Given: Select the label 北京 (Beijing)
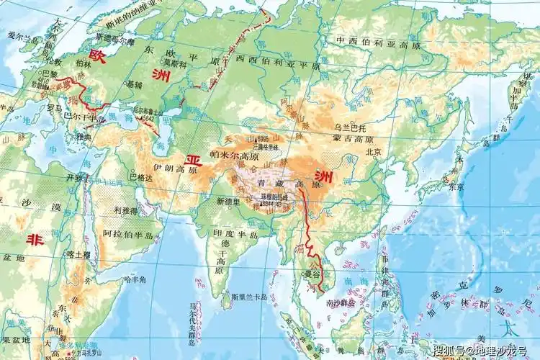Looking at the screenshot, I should pos(372,152).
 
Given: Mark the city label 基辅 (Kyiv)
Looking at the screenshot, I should pos(135,84).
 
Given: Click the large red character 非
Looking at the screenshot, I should pos(33,240).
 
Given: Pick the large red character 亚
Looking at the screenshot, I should pos(192,159).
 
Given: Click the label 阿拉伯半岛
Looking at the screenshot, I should pos(128,234).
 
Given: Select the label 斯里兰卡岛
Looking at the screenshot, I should pos(249,296).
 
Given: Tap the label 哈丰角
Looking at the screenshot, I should pos(135,279).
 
